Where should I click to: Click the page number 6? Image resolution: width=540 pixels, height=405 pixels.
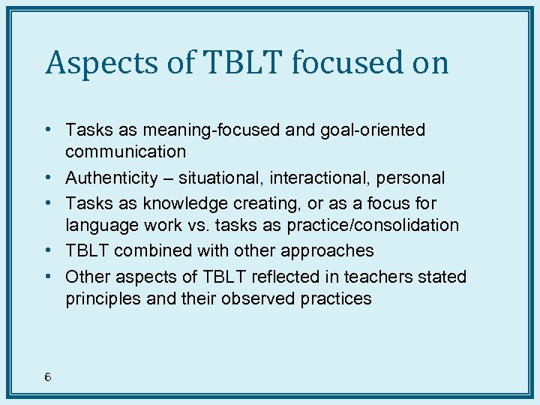click(x=47, y=377)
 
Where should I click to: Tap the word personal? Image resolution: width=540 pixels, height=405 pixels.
click(x=412, y=178)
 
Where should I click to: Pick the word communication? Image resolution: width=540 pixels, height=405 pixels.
click(x=125, y=152)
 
